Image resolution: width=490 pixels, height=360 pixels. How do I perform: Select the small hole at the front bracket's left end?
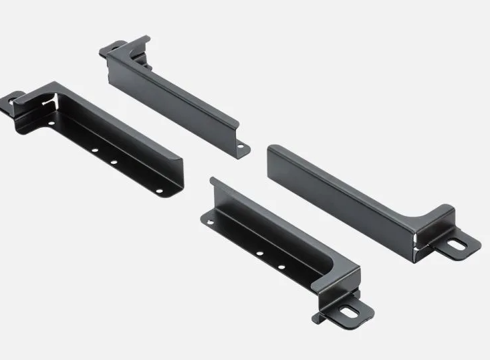tap(211, 221)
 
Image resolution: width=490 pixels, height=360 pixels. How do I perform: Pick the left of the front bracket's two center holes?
tap(259, 254)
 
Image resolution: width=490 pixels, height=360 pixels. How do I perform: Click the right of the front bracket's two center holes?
tap(281, 267)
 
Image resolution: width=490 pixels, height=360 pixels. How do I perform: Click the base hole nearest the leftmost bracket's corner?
tap(51, 124)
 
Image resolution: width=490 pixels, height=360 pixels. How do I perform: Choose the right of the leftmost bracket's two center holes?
tap(114, 163)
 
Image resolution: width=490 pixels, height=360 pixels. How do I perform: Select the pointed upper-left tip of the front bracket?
tap(212, 179)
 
